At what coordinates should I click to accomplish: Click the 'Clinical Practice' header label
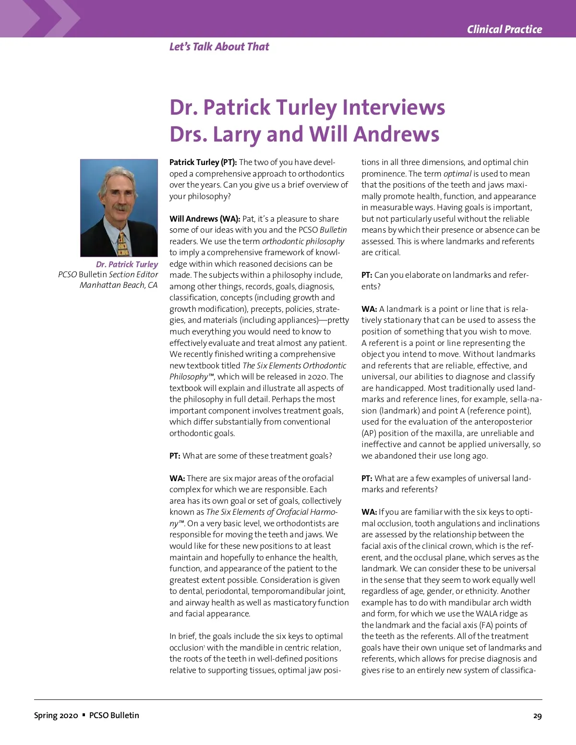point(504,29)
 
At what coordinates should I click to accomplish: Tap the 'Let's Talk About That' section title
point(219,47)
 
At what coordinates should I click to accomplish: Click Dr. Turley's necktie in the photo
point(122,243)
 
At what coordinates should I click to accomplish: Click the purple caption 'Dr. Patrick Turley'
point(127,264)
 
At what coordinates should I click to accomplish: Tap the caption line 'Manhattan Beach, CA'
point(119,285)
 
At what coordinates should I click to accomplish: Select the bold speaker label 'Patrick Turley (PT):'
point(203,162)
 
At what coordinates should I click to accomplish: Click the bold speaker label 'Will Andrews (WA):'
point(204,219)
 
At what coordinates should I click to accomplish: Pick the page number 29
point(537,716)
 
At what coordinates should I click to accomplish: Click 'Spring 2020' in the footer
point(56,715)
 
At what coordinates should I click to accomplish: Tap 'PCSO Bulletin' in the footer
point(114,715)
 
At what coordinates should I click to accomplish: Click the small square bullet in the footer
point(84,715)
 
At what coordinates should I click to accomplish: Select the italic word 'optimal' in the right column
point(457,174)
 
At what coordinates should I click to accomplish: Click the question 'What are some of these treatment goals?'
point(257,456)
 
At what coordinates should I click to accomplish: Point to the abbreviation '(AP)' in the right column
point(369,433)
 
